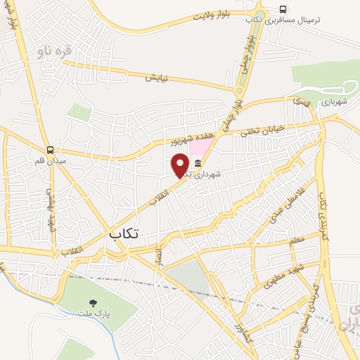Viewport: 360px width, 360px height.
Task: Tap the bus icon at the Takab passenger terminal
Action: [x=283, y=9]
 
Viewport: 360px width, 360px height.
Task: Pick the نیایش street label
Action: [x=159, y=77]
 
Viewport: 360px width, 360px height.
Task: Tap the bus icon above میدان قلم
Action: [x=49, y=150]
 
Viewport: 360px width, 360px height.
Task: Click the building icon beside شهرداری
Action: [x=197, y=164]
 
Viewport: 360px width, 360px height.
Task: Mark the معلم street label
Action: [x=297, y=241]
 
